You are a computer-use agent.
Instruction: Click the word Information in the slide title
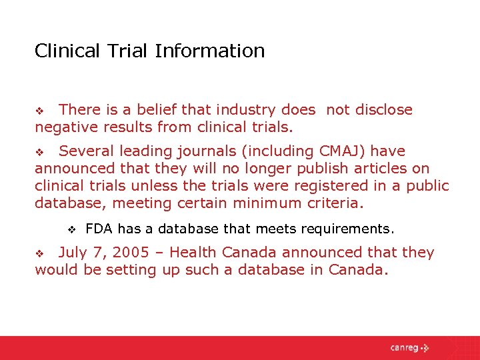pyautogui.click(x=210, y=51)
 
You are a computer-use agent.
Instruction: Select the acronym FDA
pyautogui.click(x=99, y=229)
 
